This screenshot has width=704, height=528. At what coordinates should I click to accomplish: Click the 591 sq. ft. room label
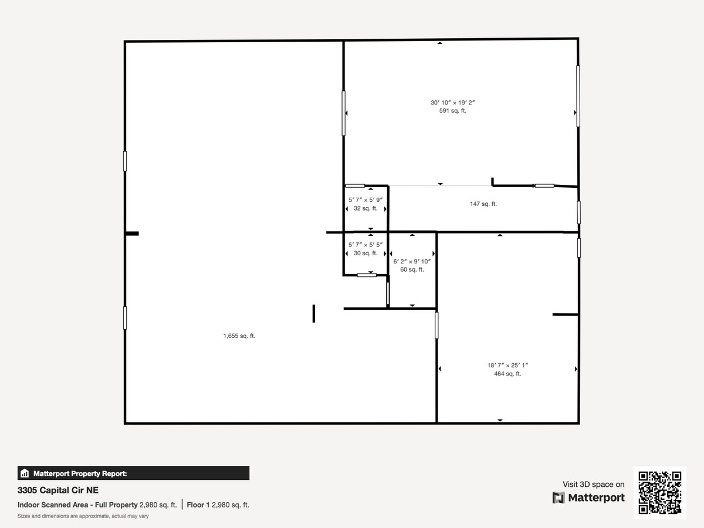[452, 111]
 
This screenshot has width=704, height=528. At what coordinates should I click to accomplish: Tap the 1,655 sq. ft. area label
[239, 336]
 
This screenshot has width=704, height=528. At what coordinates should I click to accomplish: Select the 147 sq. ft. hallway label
[483, 204]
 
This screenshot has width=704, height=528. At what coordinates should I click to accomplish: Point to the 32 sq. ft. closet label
[365, 208]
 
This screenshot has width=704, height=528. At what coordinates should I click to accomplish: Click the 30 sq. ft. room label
[365, 253]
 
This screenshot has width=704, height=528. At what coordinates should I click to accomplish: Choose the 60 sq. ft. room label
[412, 270]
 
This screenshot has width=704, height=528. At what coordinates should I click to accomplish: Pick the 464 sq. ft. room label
[507, 374]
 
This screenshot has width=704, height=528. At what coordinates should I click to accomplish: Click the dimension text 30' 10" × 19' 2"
[452, 103]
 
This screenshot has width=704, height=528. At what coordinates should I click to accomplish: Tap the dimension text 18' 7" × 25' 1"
[507, 365]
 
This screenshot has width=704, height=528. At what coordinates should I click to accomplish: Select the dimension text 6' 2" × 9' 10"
[412, 262]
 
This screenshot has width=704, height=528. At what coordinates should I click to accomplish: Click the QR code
[659, 493]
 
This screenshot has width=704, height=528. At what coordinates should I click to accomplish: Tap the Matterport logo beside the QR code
[588, 498]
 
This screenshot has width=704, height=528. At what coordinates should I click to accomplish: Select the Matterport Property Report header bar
[133, 473]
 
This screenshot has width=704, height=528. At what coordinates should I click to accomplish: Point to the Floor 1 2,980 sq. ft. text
[218, 505]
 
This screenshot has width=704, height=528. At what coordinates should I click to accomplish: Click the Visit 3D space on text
[593, 485]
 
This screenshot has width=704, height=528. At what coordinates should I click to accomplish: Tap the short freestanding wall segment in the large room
[314, 313]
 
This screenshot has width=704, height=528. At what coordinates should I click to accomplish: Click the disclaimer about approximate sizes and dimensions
[83, 516]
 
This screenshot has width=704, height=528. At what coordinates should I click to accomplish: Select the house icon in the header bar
[25, 473]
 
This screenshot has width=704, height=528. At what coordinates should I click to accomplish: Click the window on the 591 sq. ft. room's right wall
[578, 96]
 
